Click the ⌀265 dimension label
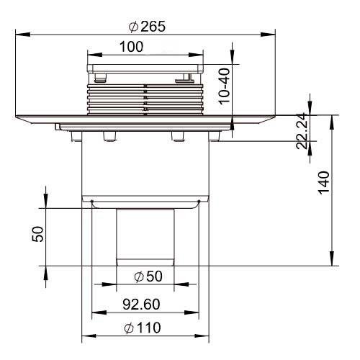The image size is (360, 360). coord(147,27)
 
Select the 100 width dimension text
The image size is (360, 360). coord(131,47)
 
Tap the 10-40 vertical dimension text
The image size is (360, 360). coord(225,86)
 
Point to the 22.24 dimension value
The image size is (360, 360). coord(302,131)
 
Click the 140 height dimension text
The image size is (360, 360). coord(323,183)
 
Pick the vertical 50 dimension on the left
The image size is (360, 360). coord(38,234)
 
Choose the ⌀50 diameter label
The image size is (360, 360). coord(148,276)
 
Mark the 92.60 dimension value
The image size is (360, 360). coord(141,305)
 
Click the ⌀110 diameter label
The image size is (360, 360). coord(143,328)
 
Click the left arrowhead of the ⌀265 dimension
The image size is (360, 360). coord(23,35)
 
